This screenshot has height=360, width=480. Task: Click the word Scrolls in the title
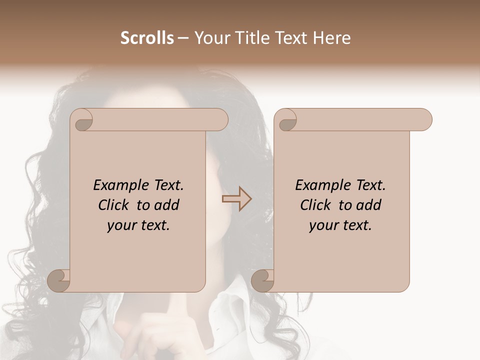[x=147, y=38]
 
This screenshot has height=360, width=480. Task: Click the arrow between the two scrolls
[x=236, y=198]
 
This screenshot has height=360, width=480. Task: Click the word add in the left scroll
[x=167, y=205]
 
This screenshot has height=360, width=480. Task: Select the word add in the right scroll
[x=369, y=205]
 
